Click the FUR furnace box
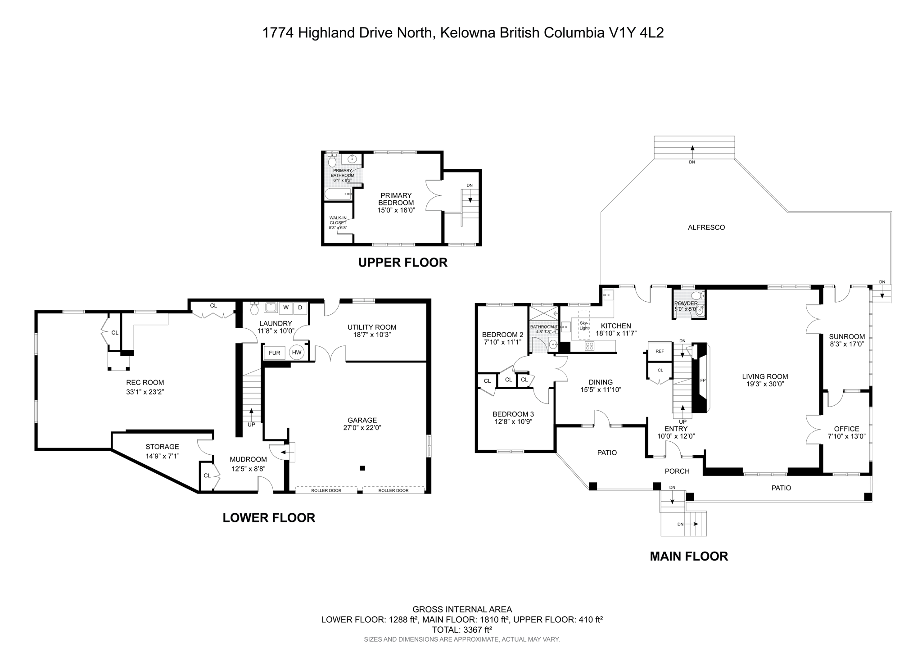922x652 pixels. (x=274, y=353)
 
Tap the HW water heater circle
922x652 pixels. (x=297, y=353)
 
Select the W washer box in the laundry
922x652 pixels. (x=285, y=308)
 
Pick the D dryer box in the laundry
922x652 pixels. (x=300, y=308)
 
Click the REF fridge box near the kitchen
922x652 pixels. (x=660, y=351)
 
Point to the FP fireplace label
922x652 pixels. (x=703, y=380)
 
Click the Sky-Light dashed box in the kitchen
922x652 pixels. (x=584, y=325)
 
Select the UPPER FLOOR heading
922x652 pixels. (x=402, y=263)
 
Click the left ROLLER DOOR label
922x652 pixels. (x=326, y=490)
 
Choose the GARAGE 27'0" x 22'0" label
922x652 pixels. (x=362, y=424)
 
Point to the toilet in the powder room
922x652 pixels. (x=696, y=296)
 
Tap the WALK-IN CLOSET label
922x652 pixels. (x=338, y=222)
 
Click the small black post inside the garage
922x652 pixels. (x=362, y=468)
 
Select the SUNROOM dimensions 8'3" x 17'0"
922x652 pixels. (x=847, y=344)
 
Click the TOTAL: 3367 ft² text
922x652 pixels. (x=461, y=629)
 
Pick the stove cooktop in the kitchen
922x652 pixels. (x=589, y=346)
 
